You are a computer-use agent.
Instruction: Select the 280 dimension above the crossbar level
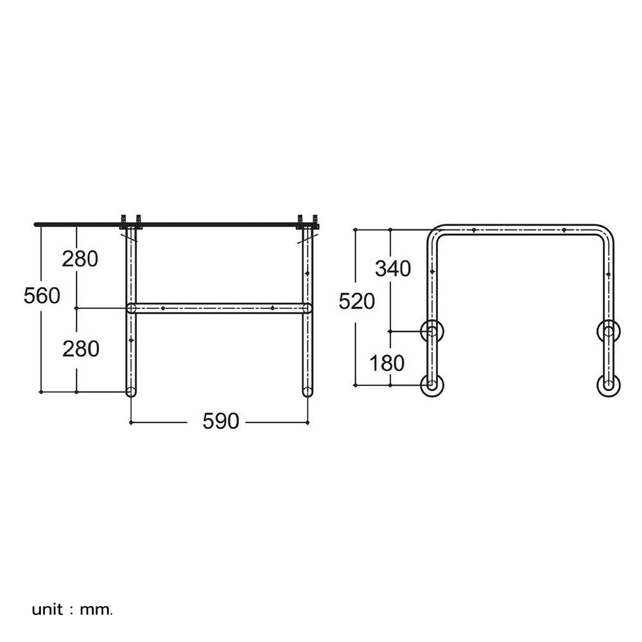(x=80, y=259)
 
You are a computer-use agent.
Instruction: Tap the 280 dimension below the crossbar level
(x=80, y=349)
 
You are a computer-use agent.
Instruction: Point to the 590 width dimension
(x=220, y=421)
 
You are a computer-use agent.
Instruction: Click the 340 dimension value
(x=393, y=269)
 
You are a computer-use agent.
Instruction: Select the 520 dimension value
(x=356, y=301)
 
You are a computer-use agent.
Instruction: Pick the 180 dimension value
(x=388, y=363)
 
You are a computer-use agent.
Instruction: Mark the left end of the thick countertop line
(x=37, y=224)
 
